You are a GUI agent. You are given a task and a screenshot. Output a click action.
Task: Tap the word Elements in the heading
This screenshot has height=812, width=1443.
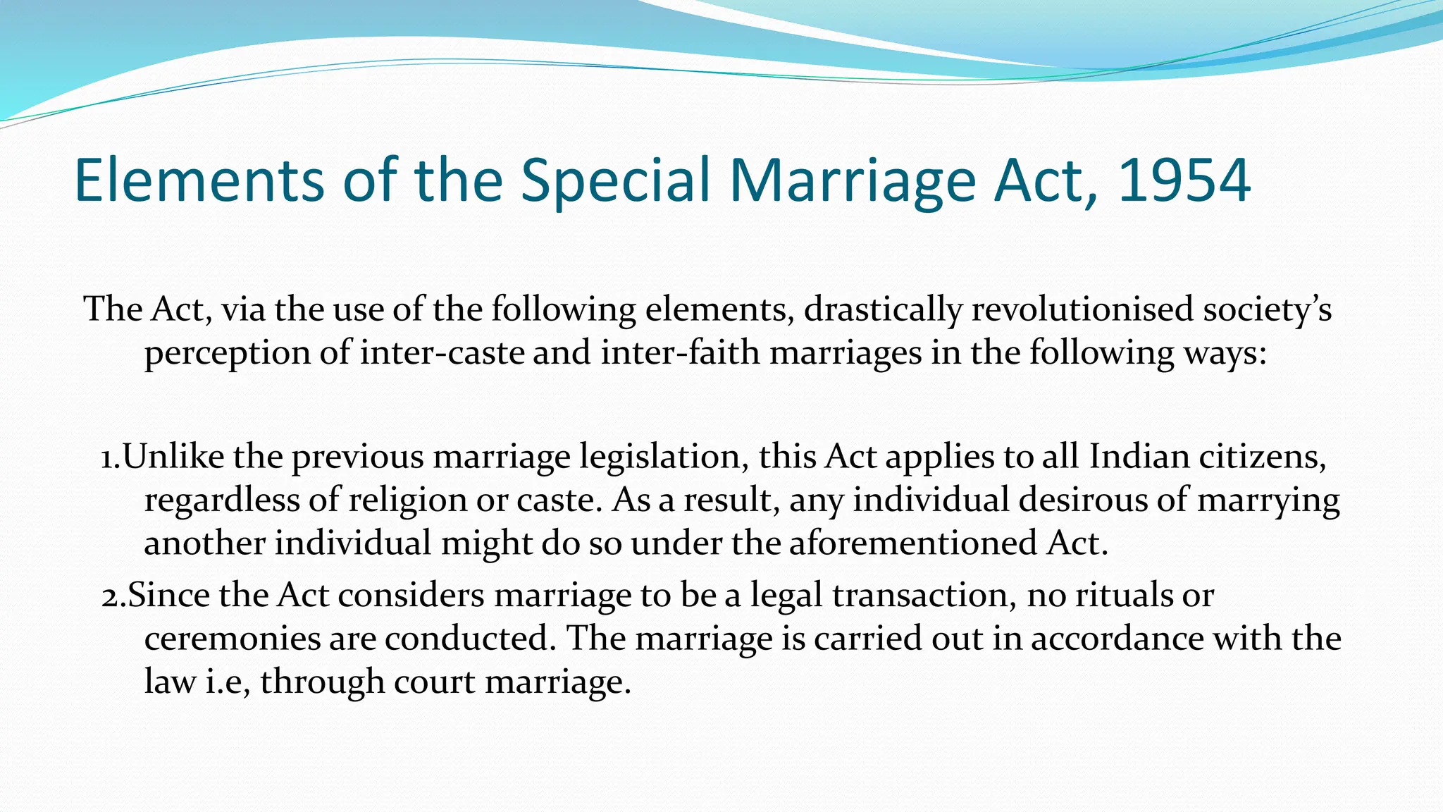click(x=199, y=180)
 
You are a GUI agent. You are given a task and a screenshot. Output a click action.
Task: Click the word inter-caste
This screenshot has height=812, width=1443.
click(x=442, y=352)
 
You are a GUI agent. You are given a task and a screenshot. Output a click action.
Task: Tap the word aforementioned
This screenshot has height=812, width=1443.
click(x=912, y=543)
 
